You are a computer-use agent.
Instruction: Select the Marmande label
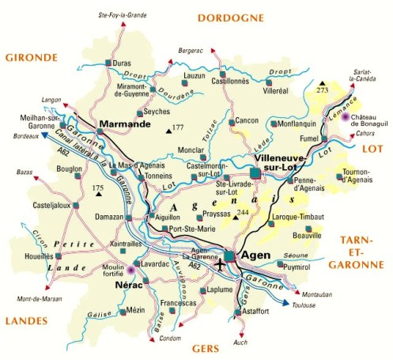[x=127, y=124]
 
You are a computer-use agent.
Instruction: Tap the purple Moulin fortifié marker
[x=131, y=271]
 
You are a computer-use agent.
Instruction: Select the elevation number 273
[x=323, y=91]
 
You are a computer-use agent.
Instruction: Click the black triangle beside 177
[x=168, y=128]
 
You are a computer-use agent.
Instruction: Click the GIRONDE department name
[x=31, y=57]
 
